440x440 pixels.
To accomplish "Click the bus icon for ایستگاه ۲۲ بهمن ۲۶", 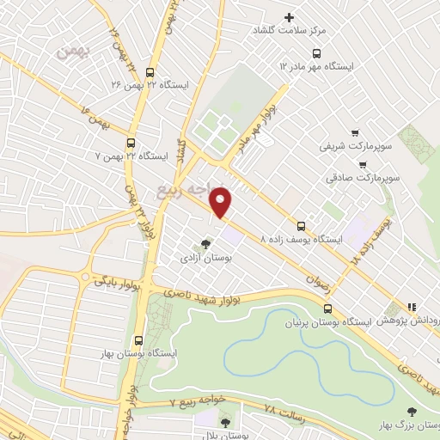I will (151, 73).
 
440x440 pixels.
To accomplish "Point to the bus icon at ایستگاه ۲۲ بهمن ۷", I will (131, 144).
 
